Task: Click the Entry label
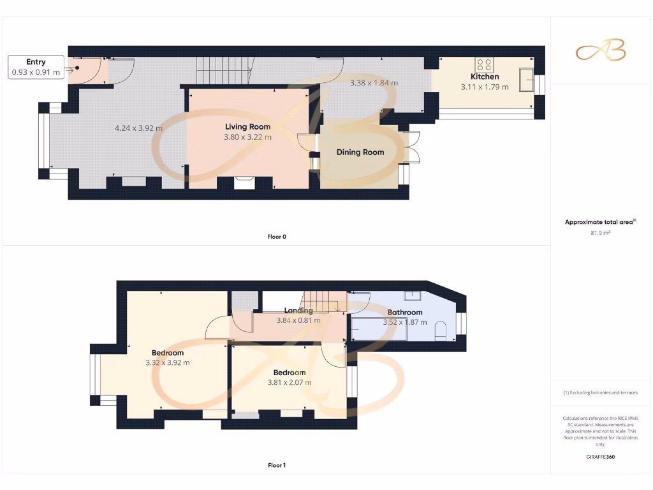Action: pyautogui.click(x=36, y=62)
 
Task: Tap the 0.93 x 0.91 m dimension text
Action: pyautogui.click(x=36, y=72)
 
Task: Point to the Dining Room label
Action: pyautogui.click(x=360, y=152)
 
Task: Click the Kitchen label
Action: pyautogui.click(x=485, y=77)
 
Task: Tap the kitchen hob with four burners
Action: pyautogui.click(x=484, y=64)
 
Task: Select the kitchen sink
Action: pyautogui.click(x=527, y=80)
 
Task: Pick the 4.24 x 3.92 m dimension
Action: pyautogui.click(x=138, y=128)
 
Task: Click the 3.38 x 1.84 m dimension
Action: pyautogui.click(x=374, y=83)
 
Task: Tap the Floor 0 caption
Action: pyautogui.click(x=277, y=237)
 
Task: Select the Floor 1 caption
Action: pyautogui.click(x=277, y=466)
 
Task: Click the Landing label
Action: pyautogui.click(x=298, y=311)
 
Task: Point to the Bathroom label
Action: pyautogui.click(x=405, y=313)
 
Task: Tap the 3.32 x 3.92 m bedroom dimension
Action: pyautogui.click(x=168, y=362)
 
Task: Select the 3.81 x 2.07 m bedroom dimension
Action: pyautogui.click(x=290, y=382)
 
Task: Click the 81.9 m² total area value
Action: pyautogui.click(x=600, y=233)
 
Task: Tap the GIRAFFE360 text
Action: pyautogui.click(x=600, y=457)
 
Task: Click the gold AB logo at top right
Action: pyautogui.click(x=601, y=51)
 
